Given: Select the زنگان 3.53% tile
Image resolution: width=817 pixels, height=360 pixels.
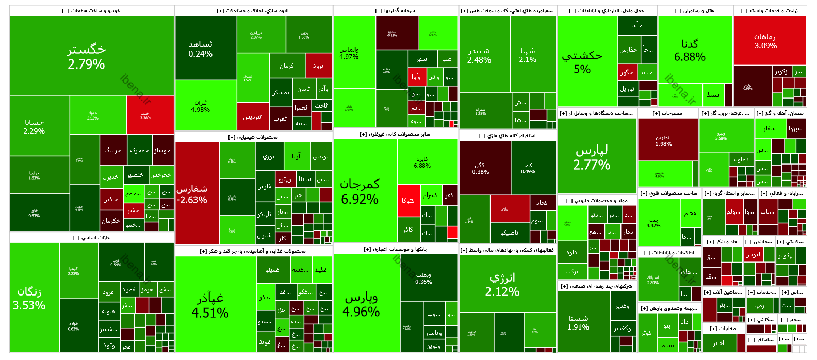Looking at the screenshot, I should pyautogui.click(x=29, y=298).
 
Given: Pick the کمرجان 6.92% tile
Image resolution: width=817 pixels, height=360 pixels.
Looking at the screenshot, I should pyautogui.click(x=360, y=191).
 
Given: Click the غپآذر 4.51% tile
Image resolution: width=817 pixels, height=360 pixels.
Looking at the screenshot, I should pyautogui.click(x=210, y=305).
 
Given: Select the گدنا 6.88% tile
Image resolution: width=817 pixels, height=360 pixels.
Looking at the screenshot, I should pyautogui.click(x=690, y=50).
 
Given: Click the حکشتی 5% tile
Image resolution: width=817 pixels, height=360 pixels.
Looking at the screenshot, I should pyautogui.click(x=582, y=62).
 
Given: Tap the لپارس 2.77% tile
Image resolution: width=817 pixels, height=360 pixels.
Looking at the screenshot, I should pyautogui.click(x=592, y=157).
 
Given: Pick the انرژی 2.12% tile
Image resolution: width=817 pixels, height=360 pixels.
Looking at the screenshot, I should pyautogui.click(x=502, y=284).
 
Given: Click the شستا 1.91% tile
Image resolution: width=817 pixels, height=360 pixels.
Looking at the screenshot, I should pyautogui.click(x=578, y=322).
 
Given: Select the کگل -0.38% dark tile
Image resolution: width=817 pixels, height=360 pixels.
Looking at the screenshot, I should pyautogui.click(x=480, y=168).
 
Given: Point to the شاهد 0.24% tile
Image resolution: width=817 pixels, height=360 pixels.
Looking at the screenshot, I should pyautogui.click(x=201, y=48).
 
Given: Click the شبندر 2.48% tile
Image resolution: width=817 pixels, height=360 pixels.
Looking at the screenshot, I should pyautogui.click(x=479, y=55).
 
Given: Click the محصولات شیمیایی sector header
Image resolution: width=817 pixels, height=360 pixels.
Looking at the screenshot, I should pyautogui.click(x=253, y=137).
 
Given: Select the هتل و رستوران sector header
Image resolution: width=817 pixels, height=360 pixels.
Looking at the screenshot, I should pyautogui.click(x=694, y=11).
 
